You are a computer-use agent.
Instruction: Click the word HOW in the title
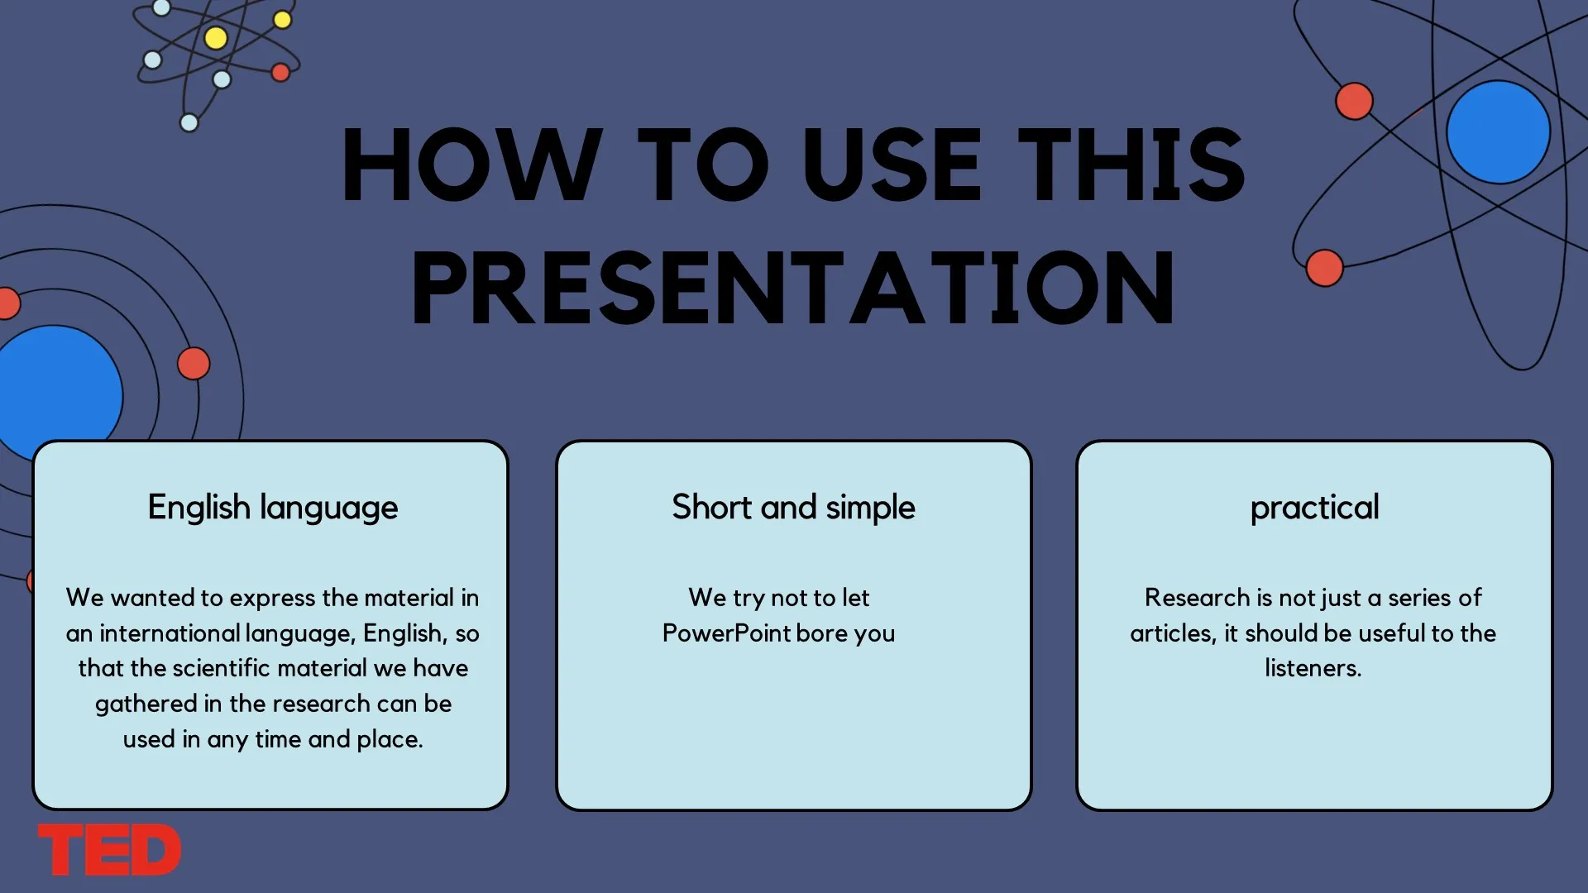pyautogui.click(x=472, y=164)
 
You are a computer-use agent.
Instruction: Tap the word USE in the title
pyautogui.click(x=892, y=164)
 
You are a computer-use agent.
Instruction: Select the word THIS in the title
pyautogui.click(x=1131, y=164)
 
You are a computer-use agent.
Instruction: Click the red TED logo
pyautogui.click(x=109, y=849)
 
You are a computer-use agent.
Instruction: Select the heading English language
pyautogui.click(x=273, y=507)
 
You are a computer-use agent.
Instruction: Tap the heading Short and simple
pyautogui.click(x=793, y=507)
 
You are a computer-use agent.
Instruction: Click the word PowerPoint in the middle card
pyautogui.click(x=727, y=633)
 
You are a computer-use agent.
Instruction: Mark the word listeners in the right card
pyautogui.click(x=1313, y=667)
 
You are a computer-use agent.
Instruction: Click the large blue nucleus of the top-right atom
pyautogui.click(x=1498, y=132)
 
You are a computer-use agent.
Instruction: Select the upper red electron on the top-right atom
pyautogui.click(x=1354, y=102)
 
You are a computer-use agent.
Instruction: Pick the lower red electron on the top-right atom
pyautogui.click(x=1324, y=268)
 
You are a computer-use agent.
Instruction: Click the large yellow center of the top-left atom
pyautogui.click(x=216, y=38)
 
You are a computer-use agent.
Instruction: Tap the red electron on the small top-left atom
pyautogui.click(x=280, y=73)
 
